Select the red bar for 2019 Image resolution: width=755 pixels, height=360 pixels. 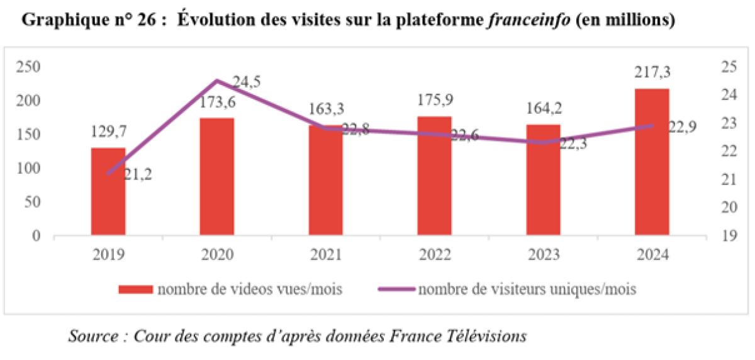[x=108, y=192]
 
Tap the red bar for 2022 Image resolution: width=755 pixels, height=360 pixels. [x=434, y=176]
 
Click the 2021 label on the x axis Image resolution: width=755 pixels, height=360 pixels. [x=326, y=256]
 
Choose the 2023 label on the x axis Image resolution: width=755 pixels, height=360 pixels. [x=543, y=256]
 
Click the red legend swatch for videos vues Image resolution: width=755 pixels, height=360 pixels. [x=135, y=289]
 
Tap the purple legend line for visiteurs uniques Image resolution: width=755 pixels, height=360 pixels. [x=396, y=289]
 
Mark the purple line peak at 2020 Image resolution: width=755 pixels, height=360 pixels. [x=217, y=81]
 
